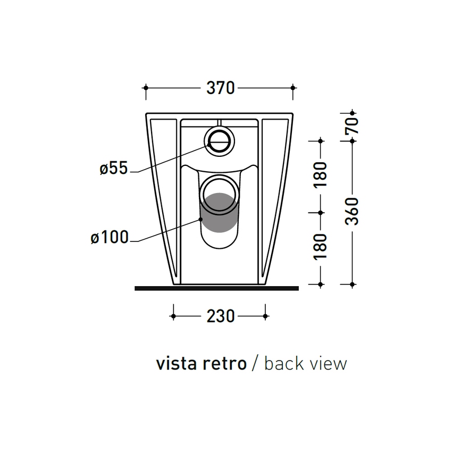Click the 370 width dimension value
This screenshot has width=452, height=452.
click(x=220, y=88)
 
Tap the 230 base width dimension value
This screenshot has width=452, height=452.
click(x=220, y=316)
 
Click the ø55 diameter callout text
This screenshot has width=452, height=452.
click(x=114, y=169)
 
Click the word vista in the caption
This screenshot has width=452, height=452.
click(x=177, y=364)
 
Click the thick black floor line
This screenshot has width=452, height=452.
click(x=217, y=288)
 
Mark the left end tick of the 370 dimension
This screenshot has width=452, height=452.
click(x=146, y=88)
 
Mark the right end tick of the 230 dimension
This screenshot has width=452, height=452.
click(x=265, y=316)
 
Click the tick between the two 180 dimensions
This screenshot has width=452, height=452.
click(x=320, y=212)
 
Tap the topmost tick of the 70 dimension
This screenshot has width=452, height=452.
click(x=351, y=113)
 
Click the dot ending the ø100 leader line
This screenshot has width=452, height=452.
click(x=201, y=219)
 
